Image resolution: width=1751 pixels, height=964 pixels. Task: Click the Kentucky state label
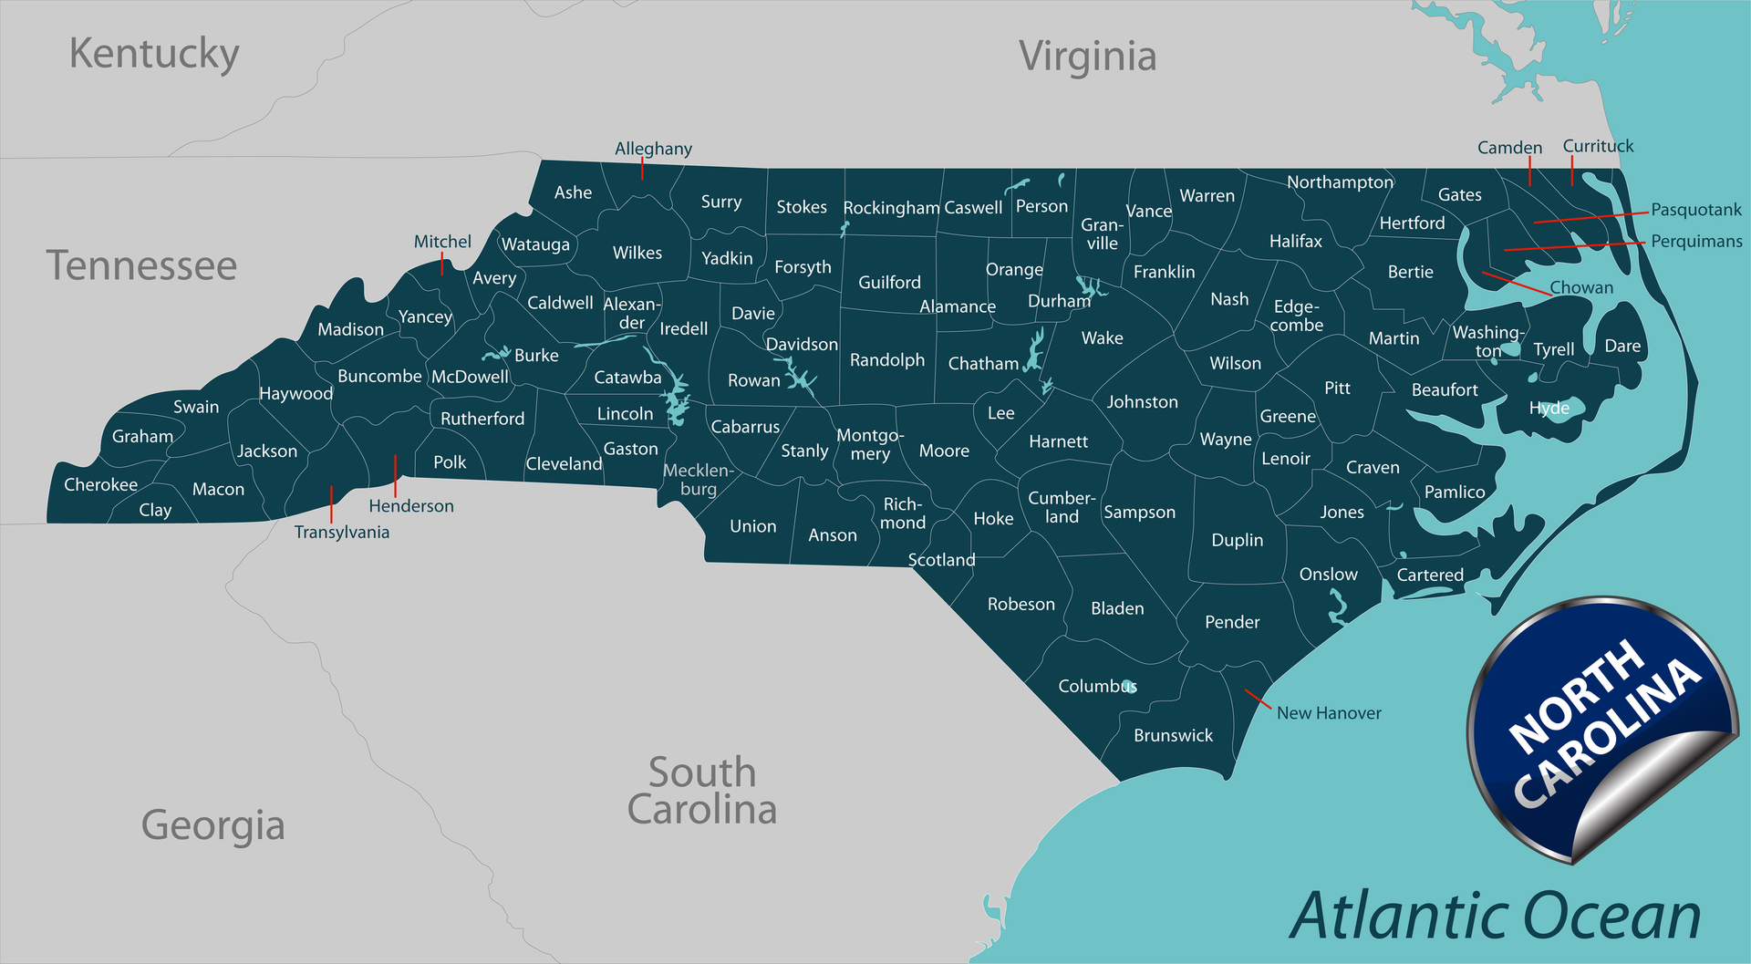(x=154, y=54)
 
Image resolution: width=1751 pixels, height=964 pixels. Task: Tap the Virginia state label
(x=1087, y=56)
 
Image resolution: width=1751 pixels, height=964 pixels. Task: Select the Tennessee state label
(x=141, y=265)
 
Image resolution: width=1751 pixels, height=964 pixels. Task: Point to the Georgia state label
(x=212, y=825)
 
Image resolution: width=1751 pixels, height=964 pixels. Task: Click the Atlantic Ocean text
(x=1496, y=916)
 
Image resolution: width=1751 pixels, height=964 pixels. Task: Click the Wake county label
(x=1102, y=338)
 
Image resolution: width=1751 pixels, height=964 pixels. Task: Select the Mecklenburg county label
(x=699, y=480)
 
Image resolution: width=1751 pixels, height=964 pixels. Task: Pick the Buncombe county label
(x=379, y=376)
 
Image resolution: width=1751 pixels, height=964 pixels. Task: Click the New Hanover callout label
(x=1329, y=713)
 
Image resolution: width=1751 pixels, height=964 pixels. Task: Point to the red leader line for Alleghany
(x=642, y=169)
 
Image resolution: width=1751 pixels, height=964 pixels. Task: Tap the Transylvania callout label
(x=342, y=533)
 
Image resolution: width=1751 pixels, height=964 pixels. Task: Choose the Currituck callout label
(x=1598, y=146)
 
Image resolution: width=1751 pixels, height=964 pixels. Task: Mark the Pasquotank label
(x=1696, y=210)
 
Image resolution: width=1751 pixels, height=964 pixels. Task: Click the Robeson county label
(x=1021, y=605)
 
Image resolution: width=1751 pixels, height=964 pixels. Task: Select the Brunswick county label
(x=1173, y=735)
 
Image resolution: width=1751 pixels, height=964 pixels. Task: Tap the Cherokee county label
(x=100, y=484)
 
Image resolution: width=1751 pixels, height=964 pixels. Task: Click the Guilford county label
(x=889, y=283)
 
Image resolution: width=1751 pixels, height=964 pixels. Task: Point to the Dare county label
(x=1622, y=346)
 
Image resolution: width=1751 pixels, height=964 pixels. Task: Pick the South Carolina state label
(x=701, y=792)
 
